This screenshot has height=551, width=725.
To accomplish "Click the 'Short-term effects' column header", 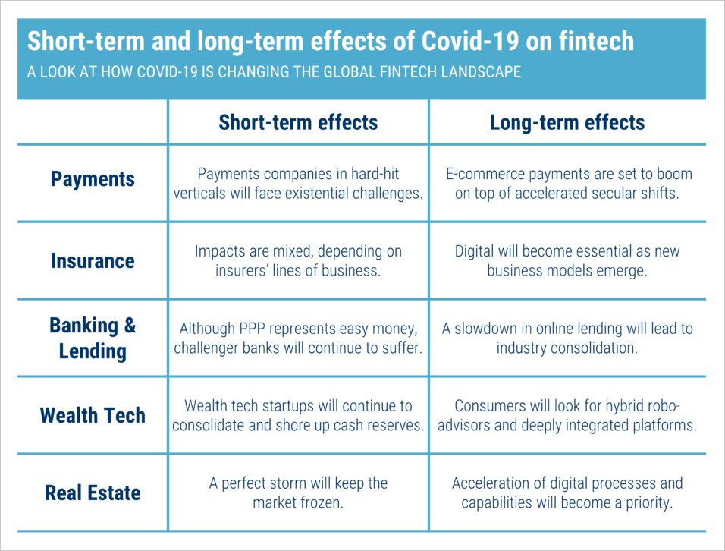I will (298, 122).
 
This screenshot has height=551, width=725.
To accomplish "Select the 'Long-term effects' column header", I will (567, 122).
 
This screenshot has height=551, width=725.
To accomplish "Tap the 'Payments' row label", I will (93, 180).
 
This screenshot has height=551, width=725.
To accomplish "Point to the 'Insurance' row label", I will (93, 261).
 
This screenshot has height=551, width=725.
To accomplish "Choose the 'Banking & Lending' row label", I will (93, 338).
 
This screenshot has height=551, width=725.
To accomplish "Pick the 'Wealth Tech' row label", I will (93, 416).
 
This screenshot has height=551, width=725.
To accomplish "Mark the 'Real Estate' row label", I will (93, 493).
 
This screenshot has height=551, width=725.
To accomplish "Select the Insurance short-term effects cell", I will (298, 261).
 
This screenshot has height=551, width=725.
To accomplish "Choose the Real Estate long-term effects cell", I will (567, 493).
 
